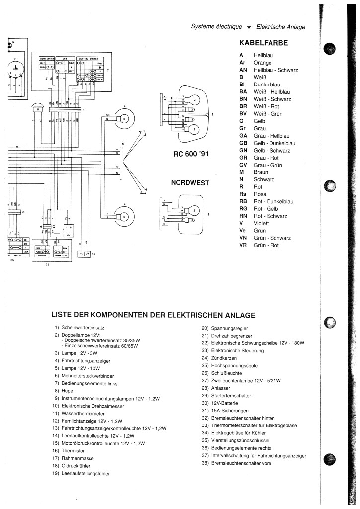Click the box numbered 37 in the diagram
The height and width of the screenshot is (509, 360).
[69, 229]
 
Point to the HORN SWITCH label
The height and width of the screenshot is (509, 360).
[46, 59]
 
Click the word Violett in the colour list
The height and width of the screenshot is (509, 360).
[262, 223]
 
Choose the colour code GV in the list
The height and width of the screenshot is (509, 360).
[243, 165]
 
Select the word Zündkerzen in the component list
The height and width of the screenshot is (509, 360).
[224, 357]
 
